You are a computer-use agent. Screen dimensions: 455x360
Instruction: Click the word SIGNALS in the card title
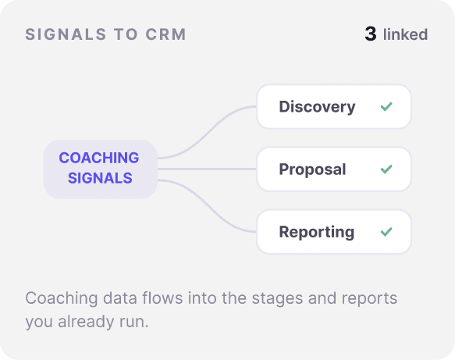click(66, 34)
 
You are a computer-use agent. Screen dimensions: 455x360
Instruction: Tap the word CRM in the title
click(165, 34)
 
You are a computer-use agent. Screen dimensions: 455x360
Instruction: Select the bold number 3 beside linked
click(371, 34)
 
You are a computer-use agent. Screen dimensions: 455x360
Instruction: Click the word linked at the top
click(405, 34)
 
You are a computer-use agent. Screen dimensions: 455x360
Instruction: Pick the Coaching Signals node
click(101, 169)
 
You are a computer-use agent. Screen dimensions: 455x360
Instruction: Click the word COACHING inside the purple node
click(99, 158)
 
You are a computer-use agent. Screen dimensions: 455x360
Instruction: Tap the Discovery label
click(317, 106)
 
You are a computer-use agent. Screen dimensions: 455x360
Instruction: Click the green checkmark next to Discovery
click(386, 106)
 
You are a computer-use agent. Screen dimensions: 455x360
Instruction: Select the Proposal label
click(312, 169)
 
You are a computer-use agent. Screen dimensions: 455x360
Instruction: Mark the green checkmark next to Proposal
click(386, 169)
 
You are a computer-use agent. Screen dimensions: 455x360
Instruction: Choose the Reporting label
click(317, 232)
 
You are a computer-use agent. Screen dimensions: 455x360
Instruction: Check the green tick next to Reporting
click(386, 232)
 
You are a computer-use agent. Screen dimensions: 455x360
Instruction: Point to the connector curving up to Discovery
click(207, 133)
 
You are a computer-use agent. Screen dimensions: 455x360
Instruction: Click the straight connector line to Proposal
click(207, 169)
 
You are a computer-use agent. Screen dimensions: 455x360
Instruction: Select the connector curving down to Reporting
click(207, 206)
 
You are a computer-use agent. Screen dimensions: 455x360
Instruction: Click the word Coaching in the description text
click(62, 298)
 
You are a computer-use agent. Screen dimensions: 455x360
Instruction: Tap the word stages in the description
click(277, 298)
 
